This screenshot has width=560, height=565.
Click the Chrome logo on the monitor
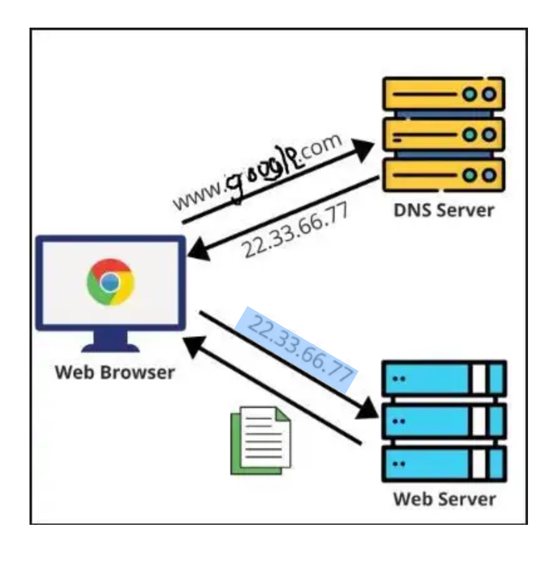coord(110,282)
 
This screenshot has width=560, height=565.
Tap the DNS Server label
coord(444,210)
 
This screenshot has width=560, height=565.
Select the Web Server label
coord(444,500)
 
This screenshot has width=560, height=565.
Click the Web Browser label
coord(115,372)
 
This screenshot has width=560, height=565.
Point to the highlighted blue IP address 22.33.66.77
coord(300,348)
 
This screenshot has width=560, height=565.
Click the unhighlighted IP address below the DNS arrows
coord(296,230)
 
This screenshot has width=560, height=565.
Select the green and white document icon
coord(261,440)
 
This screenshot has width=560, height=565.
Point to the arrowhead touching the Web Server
coord(367,409)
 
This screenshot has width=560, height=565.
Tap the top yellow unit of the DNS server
coord(444,94)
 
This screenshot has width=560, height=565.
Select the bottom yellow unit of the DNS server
coord(444,175)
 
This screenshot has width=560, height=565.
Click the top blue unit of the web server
coord(444,378)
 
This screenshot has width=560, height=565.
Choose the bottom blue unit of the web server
coord(444,464)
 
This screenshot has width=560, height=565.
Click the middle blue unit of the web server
coord(444,421)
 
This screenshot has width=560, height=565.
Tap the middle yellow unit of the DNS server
coord(444,134)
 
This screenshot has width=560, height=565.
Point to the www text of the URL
coord(198,196)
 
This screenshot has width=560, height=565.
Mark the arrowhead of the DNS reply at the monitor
coord(198,250)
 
